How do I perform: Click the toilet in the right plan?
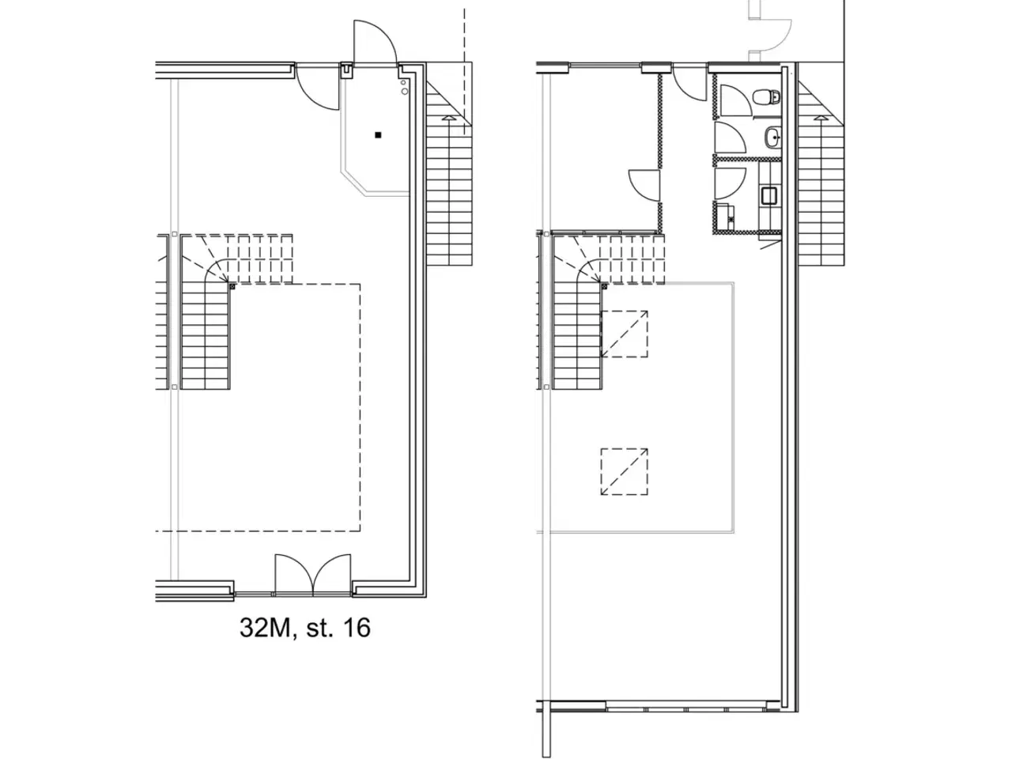pos(766,96)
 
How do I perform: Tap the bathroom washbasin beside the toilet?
pos(772,137)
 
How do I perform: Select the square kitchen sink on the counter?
pos(769,195)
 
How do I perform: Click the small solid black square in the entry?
pos(378,135)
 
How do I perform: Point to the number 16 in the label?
pos(357,628)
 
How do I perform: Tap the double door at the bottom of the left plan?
pos(312,575)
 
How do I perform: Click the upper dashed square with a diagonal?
pos(625,334)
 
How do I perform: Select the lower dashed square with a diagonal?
pos(625,471)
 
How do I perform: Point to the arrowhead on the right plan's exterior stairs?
pos(820,119)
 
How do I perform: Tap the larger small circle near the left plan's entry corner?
pos(405,91)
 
